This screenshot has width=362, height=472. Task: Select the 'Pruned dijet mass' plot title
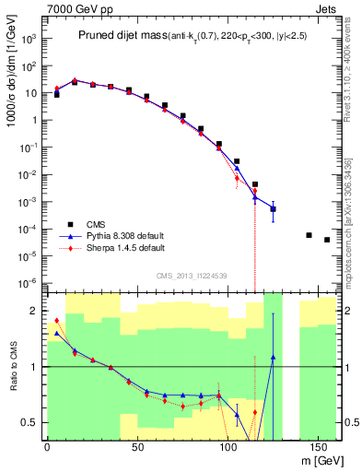click(125, 36)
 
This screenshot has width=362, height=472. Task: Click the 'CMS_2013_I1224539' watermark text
click(191, 275)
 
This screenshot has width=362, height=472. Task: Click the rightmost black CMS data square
click(327, 240)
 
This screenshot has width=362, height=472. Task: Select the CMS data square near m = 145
click(309, 234)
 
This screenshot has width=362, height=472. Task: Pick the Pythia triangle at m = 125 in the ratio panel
click(273, 357)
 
